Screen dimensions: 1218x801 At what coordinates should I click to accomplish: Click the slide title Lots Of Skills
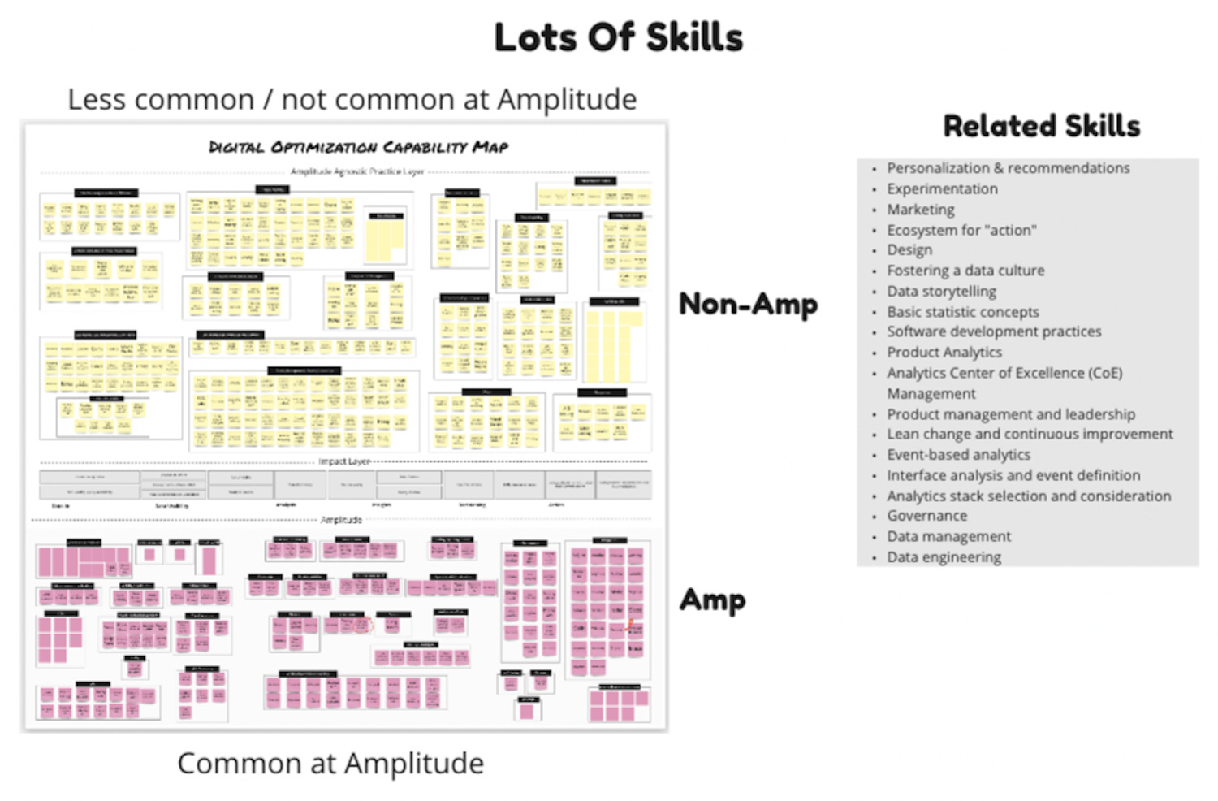point(618,38)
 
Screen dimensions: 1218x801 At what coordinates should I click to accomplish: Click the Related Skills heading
point(1041,126)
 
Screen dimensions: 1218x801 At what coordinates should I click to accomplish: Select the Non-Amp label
point(748,304)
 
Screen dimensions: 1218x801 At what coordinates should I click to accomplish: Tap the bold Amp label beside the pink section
point(712,600)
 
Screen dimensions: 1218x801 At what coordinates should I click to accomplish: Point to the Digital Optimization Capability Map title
point(358,147)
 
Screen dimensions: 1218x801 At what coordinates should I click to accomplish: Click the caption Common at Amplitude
point(330,764)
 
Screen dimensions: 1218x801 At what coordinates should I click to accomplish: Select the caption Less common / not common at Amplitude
point(352,100)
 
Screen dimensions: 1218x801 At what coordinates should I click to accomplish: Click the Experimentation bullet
point(942,188)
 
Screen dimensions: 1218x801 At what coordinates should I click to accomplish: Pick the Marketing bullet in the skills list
point(920,210)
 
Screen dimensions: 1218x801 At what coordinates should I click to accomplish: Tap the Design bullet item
point(909,250)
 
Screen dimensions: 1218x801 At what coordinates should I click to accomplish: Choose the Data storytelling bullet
point(941,291)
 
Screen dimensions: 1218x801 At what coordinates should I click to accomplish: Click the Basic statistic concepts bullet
point(962,312)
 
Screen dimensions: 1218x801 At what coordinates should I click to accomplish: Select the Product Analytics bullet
point(944,353)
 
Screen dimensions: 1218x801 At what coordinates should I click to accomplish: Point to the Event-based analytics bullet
point(958,455)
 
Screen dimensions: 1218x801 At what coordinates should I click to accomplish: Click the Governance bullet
point(926,516)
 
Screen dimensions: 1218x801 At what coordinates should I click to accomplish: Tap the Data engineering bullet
point(944,557)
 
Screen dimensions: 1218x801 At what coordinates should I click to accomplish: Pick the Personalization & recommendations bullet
point(1008,168)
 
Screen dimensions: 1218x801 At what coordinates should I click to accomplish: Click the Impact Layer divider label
point(344,461)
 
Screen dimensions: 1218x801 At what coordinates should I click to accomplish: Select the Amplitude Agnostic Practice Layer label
point(357,172)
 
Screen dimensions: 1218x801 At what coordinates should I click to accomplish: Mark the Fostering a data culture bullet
point(965,271)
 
